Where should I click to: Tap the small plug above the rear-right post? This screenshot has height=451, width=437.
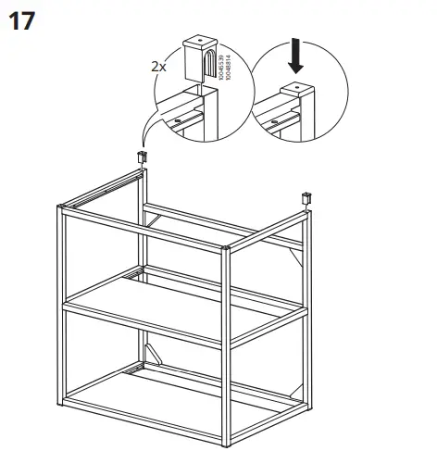pos(306,197)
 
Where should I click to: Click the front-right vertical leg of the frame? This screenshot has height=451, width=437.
pos(228,343)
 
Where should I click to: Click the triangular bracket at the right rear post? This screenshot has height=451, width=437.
pos(298,269)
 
